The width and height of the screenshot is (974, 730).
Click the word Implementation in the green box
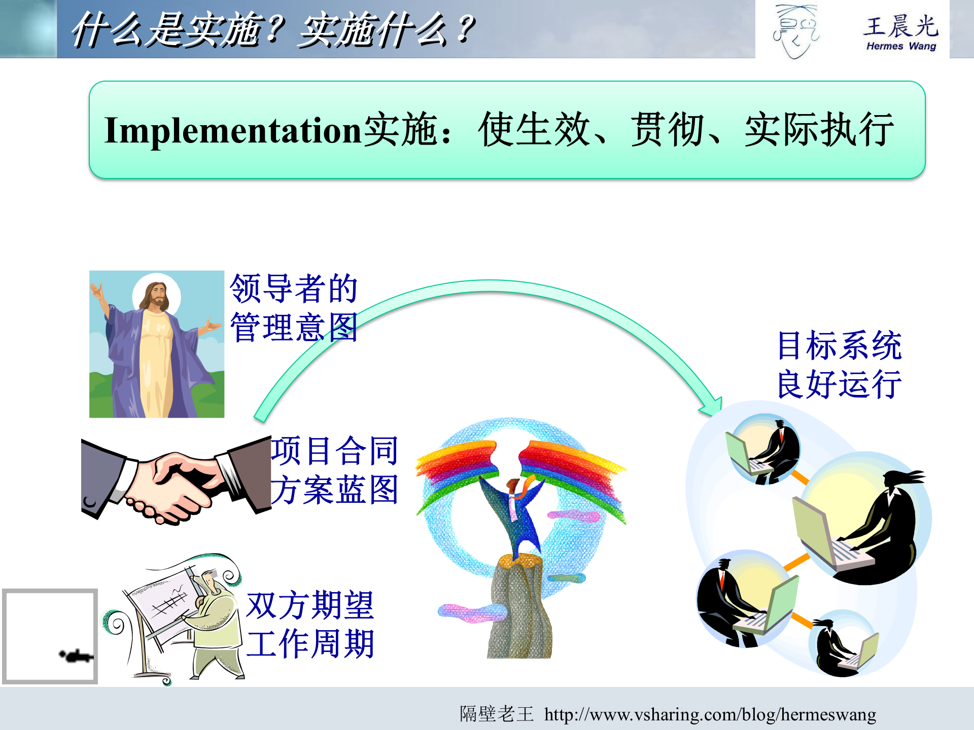(x=232, y=131)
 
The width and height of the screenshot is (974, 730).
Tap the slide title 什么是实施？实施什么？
(x=272, y=29)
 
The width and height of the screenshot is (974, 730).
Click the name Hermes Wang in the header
(x=901, y=46)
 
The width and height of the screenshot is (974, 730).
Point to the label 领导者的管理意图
(x=294, y=308)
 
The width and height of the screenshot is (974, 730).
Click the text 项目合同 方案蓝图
(x=334, y=470)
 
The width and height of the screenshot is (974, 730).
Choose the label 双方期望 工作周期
(x=310, y=625)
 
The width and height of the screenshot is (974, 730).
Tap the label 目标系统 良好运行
(x=840, y=364)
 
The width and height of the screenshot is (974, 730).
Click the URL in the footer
(x=710, y=714)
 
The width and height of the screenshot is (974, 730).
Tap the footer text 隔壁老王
(x=497, y=714)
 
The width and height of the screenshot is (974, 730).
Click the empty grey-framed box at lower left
(x=50, y=636)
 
